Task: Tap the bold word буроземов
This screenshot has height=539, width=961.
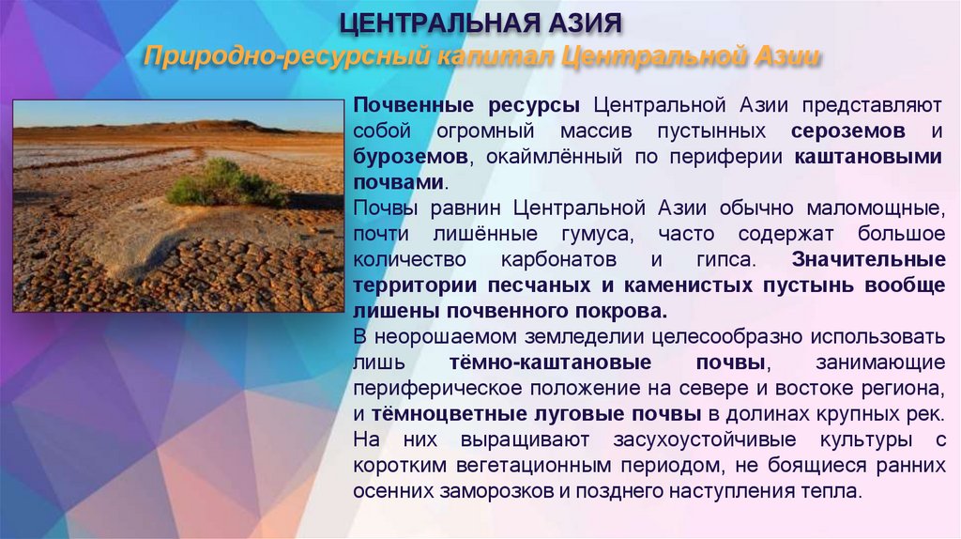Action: pos(409,155)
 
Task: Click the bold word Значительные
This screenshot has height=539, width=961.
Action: pos(868,258)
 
